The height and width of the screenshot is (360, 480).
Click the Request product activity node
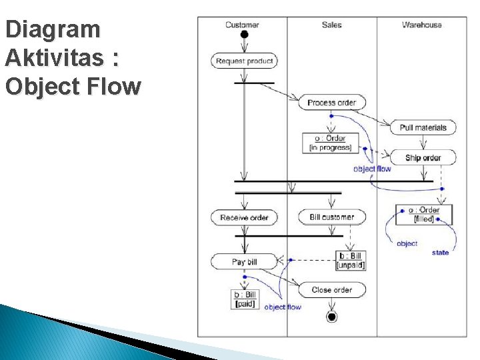[x=245, y=61]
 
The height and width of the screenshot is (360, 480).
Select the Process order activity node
[x=331, y=103]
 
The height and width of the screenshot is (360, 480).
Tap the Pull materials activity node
[x=423, y=127]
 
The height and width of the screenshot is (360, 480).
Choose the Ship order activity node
[x=423, y=158]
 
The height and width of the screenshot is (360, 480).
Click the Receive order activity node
[x=244, y=217]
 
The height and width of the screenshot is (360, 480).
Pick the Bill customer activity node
[x=332, y=217]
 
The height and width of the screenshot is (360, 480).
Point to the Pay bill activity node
[x=244, y=261]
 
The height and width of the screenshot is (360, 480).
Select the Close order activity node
[x=331, y=289]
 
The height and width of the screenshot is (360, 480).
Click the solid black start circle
[x=245, y=35]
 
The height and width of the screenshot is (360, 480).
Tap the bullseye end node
[x=331, y=317]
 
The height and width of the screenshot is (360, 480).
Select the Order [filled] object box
[x=424, y=214]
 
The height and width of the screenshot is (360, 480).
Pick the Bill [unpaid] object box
[x=351, y=260]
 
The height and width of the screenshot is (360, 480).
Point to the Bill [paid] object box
[x=245, y=299]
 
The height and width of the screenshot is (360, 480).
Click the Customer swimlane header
[x=242, y=25]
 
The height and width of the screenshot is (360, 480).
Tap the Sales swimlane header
[x=331, y=25]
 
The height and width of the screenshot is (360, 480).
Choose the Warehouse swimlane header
[x=421, y=25]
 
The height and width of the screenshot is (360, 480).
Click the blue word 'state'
[x=440, y=253]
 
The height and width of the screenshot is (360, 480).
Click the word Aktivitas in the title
[x=61, y=58]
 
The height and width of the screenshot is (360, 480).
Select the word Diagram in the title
[x=52, y=29]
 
